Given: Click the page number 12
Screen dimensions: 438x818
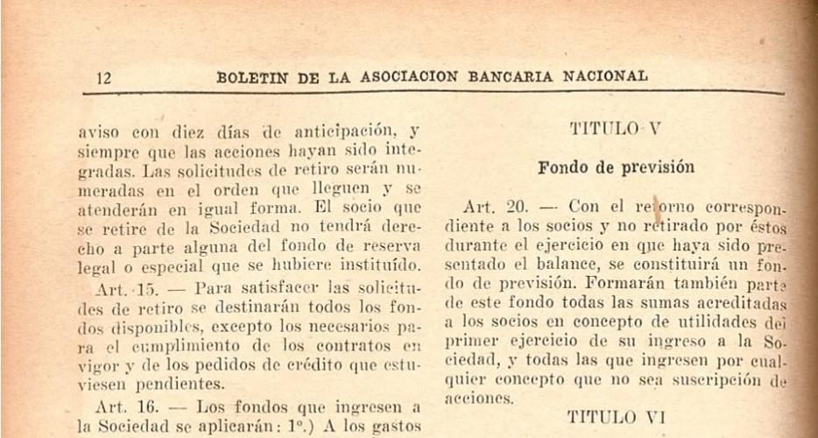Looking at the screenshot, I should (103, 78).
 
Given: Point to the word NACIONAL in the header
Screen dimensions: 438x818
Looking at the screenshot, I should (605, 77).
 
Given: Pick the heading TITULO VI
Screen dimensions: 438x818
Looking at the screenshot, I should (617, 417).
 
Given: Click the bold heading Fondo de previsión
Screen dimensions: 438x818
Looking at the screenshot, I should (616, 166).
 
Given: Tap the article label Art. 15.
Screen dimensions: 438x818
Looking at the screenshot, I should (122, 287).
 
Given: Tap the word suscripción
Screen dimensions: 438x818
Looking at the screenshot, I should (710, 379).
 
